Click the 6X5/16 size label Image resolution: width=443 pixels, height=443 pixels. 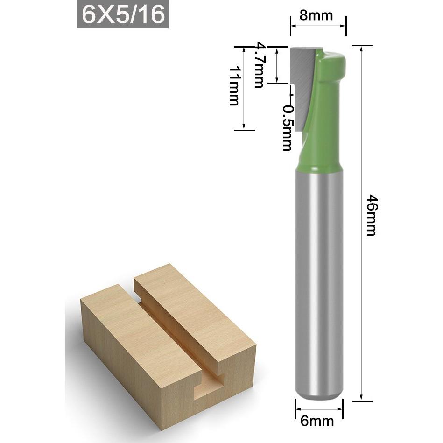click(x=123, y=14)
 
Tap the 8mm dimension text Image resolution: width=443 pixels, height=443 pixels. click(x=316, y=15)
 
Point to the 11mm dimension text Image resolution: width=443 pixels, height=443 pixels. click(x=234, y=86)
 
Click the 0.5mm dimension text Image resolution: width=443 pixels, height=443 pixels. click(x=288, y=128)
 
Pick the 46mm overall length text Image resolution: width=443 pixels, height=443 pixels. click(x=371, y=215)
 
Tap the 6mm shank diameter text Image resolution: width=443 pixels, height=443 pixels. click(x=317, y=421)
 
